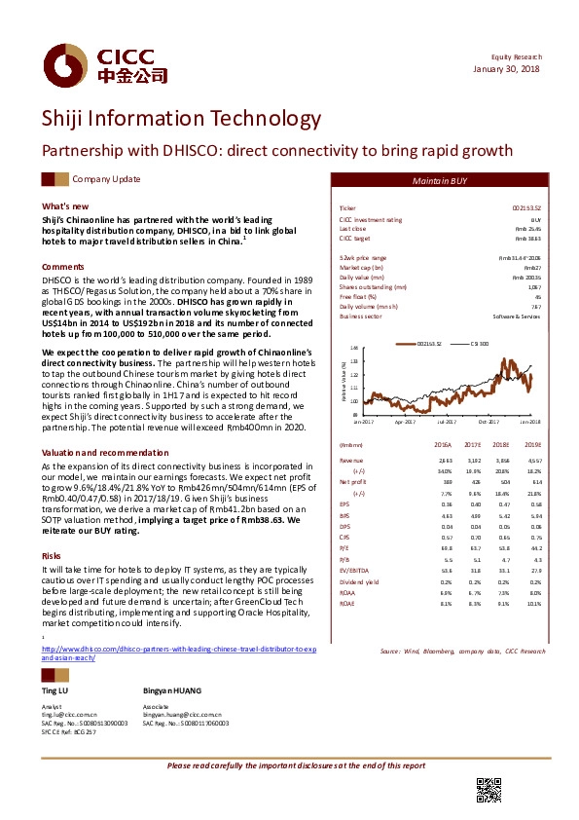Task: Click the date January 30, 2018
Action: tap(508, 67)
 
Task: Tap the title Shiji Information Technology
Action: tap(180, 120)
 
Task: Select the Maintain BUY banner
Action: tap(439, 180)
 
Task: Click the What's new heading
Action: tap(66, 206)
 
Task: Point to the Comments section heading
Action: tap(62, 266)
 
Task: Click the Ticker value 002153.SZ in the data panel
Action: tap(526, 208)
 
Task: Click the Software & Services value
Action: tap(519, 317)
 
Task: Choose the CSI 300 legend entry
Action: tap(479, 343)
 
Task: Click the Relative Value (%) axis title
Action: tap(344, 380)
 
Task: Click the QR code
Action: tap(488, 790)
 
